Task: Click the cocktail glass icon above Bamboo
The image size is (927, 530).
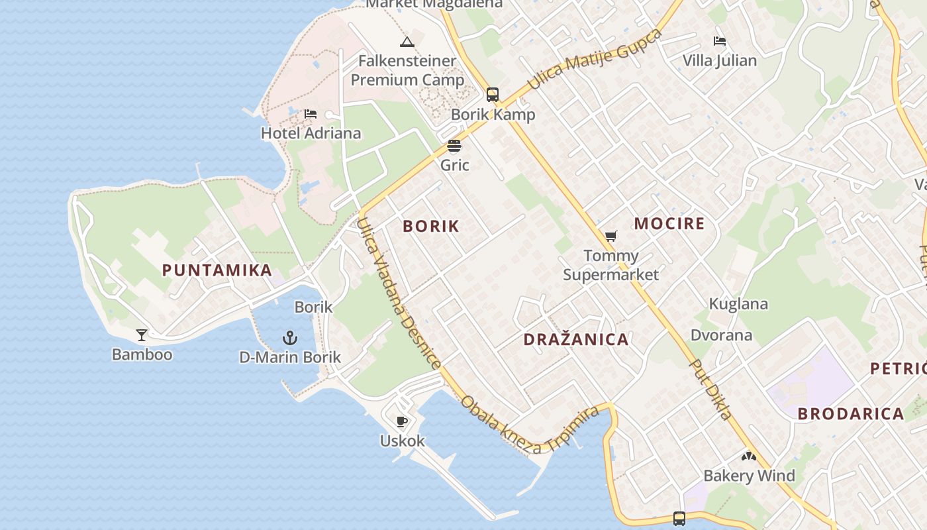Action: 141,335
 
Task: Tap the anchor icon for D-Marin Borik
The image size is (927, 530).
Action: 290,339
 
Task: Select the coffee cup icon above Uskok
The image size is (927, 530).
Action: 402,421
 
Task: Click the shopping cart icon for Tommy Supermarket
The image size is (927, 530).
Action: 611,237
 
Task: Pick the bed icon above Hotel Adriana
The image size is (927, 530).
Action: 311,114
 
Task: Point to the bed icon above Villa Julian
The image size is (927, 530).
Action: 720,41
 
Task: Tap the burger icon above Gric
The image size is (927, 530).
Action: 454,146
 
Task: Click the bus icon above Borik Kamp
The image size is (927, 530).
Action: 493,94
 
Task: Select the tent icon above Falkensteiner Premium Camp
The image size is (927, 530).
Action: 407,42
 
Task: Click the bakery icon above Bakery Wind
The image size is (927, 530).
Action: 749,456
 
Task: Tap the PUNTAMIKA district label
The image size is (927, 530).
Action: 217,270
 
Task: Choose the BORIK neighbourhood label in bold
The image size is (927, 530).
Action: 431,226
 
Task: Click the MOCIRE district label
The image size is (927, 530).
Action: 669,223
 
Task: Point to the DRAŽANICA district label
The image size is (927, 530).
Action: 576,340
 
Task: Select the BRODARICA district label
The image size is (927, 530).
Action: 851,414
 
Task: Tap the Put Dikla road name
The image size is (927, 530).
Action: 711,390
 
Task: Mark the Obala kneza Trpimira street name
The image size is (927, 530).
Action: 530,426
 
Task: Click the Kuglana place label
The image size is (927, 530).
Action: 738,304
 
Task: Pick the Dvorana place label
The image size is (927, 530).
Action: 722,335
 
